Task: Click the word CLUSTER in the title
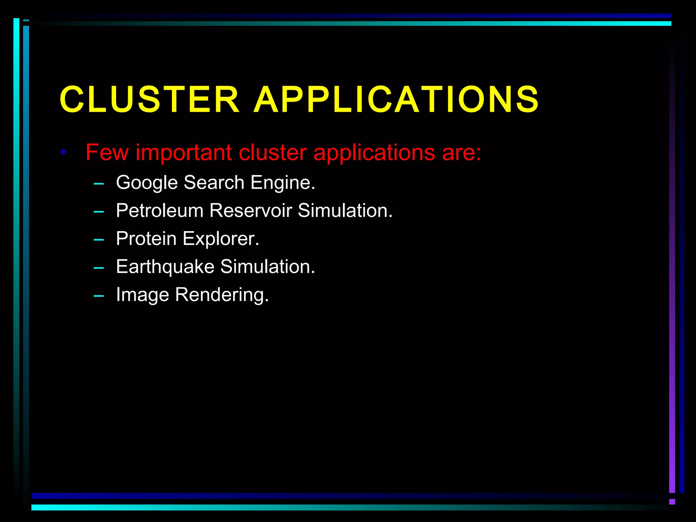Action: pos(150,99)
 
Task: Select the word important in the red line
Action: pos(184,153)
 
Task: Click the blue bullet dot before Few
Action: pos(63,152)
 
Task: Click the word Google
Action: pos(147,183)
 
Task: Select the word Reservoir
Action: pos(250,210)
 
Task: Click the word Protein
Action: pos(146,239)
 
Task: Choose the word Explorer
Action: pos(221,239)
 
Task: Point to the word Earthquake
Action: pos(165,266)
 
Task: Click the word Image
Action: pos(142,295)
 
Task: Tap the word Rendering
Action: pos(222,295)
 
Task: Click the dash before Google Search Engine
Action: pos(99,184)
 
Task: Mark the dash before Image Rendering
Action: pos(99,296)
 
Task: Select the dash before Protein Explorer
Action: pos(99,240)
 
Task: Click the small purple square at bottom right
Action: pos(672,502)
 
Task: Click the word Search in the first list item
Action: pos(214,182)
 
